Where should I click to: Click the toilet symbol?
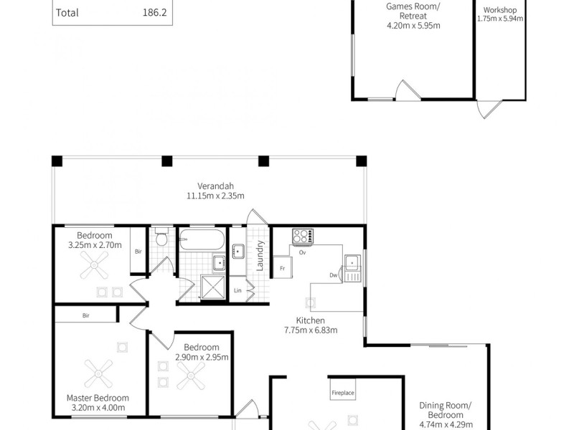tap(161, 237)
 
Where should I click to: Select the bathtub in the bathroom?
tap(202, 239)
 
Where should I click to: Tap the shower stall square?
tap(213, 287)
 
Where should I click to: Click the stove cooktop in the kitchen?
tap(302, 236)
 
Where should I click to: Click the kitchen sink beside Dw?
tap(352, 265)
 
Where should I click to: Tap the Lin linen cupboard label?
tap(237, 290)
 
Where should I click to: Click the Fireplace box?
tap(342, 393)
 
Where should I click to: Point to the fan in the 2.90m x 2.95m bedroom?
tap(192, 373)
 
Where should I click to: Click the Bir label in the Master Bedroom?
tap(85, 315)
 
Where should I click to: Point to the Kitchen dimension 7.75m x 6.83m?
tap(310, 330)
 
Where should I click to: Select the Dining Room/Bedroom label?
tap(446, 410)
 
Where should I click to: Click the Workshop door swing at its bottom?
tap(486, 110)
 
